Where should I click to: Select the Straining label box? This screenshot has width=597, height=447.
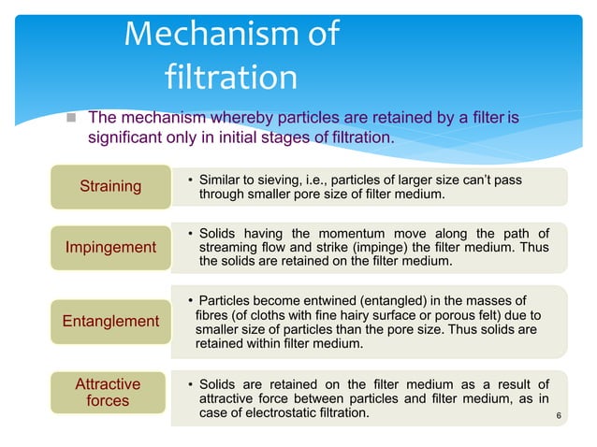110,186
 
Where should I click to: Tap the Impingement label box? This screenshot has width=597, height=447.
110,248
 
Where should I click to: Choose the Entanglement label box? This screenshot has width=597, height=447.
110,321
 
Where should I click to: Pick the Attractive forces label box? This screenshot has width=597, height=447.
108,393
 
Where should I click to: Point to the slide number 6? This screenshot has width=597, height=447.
558,415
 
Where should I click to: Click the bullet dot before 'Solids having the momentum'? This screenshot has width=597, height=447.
190,233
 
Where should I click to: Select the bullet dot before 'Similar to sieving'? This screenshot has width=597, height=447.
190,179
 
